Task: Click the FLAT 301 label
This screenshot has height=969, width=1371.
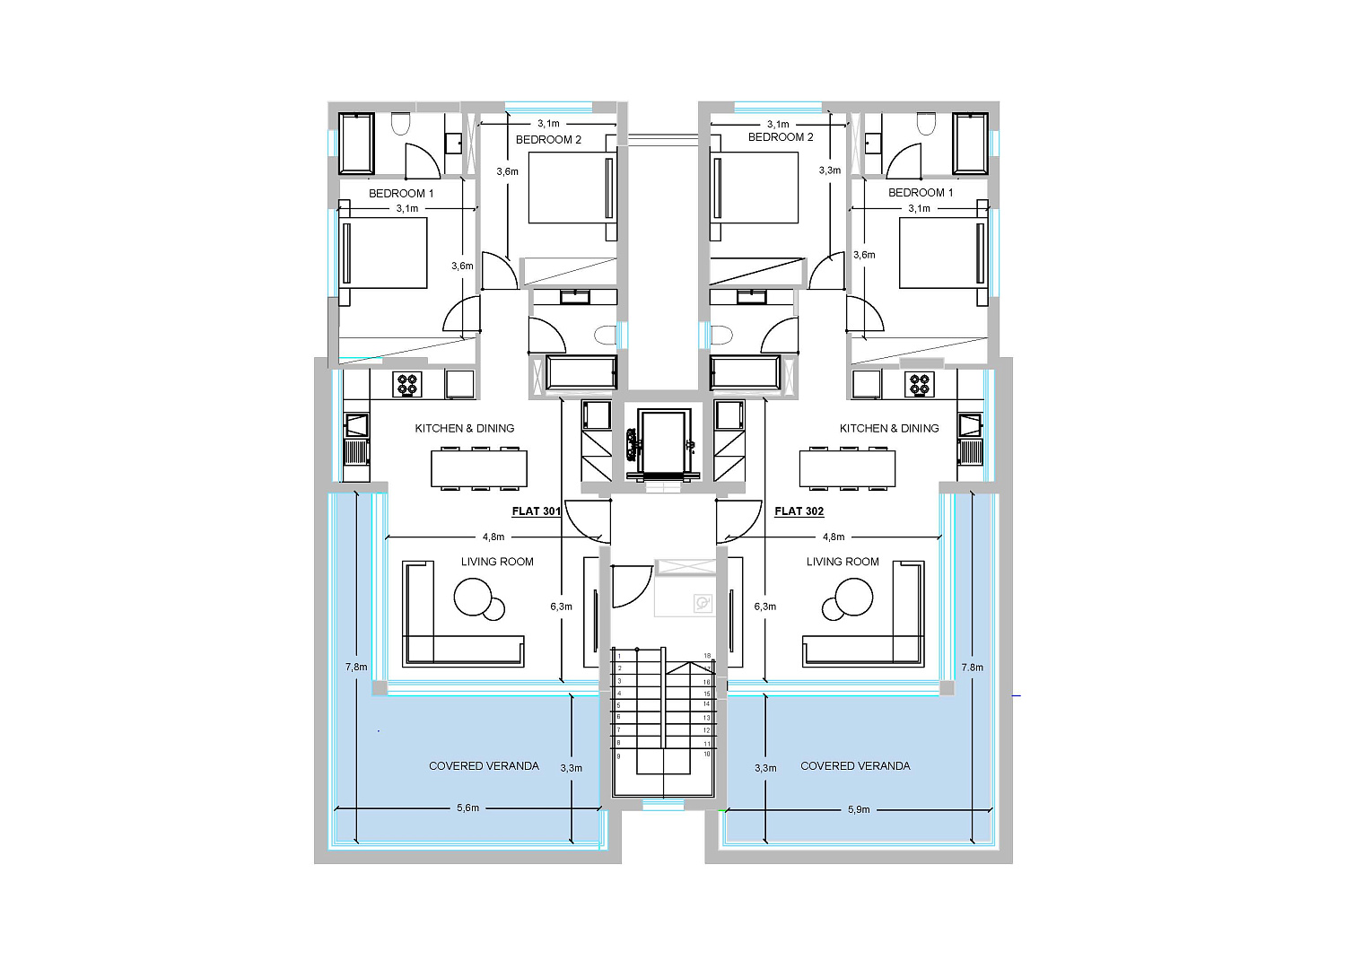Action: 537,511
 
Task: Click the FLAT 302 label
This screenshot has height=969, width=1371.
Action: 799,511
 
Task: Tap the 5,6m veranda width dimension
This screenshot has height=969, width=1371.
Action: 468,808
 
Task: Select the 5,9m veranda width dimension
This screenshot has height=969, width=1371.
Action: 859,809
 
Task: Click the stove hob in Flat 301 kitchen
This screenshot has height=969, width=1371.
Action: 407,384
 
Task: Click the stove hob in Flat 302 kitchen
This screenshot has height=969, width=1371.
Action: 920,384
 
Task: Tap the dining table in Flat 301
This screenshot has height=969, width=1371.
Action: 479,468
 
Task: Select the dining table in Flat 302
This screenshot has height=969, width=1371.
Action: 847,468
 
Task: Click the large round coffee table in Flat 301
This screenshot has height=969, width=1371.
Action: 473,598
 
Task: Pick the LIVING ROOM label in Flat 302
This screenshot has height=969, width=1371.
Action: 843,562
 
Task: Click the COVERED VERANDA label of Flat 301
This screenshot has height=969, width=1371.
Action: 484,765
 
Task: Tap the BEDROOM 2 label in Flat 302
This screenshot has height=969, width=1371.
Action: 781,137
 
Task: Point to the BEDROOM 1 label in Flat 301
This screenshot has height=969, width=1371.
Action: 401,194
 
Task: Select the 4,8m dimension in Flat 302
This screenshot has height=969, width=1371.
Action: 834,537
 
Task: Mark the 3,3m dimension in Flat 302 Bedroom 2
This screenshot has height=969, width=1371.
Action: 829,170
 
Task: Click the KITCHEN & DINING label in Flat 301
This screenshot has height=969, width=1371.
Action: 465,428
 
